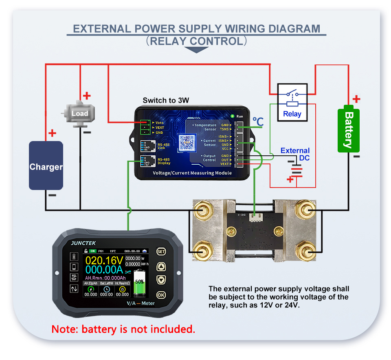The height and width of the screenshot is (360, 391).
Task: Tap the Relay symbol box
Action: (x=292, y=102)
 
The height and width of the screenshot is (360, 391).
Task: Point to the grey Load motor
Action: (x=79, y=113)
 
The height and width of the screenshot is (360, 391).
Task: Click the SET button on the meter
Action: (x=161, y=251)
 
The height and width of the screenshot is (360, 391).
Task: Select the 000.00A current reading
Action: (x=104, y=271)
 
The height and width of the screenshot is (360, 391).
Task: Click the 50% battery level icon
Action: (x=139, y=282)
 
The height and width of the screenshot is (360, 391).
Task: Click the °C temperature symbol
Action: (x=258, y=121)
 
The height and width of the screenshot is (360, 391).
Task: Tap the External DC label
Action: (x=295, y=154)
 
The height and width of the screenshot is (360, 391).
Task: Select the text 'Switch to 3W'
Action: (x=166, y=100)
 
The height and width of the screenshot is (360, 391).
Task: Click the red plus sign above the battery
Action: (x=356, y=99)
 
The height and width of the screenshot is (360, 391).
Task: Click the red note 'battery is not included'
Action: (x=123, y=329)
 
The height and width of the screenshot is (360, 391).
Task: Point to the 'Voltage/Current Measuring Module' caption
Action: (x=192, y=173)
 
